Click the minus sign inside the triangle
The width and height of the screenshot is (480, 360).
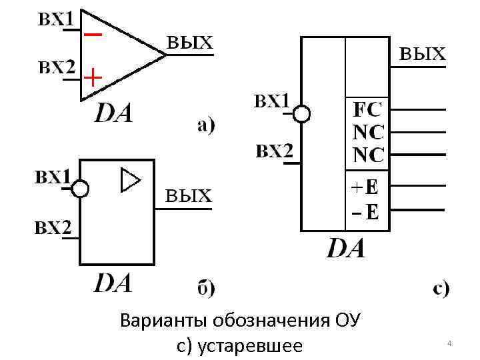coord(93,33)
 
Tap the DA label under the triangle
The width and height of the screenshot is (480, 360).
coord(113,113)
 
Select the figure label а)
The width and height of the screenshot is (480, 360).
coord(205,125)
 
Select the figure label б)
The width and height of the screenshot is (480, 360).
coord(205,288)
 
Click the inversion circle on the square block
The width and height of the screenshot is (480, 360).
coord(80,189)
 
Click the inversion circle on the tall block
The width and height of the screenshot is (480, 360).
coord(302,114)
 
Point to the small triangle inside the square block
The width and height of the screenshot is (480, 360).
coord(131,181)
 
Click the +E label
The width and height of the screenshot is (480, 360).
coord(365,188)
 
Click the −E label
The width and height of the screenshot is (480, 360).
coord(365,213)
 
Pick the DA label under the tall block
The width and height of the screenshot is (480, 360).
coord(346,249)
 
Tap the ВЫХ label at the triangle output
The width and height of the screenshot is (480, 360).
coord(189,43)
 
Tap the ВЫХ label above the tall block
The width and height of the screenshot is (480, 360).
coord(422,54)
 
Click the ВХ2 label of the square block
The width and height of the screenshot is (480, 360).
coord(53,228)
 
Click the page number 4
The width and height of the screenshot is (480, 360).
coord(449,343)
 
